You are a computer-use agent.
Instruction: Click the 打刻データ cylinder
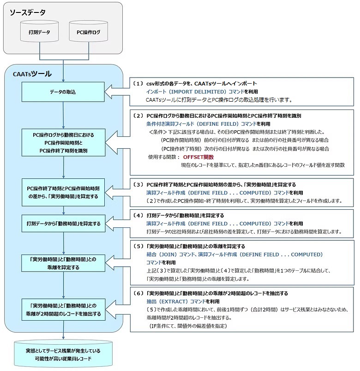(x=39, y=33)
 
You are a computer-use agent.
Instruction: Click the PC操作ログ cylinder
(x=88, y=33)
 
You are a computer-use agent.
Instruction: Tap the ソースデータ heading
(x=27, y=12)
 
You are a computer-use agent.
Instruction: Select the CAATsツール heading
(x=32, y=74)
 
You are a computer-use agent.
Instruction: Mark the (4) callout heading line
(x=185, y=215)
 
